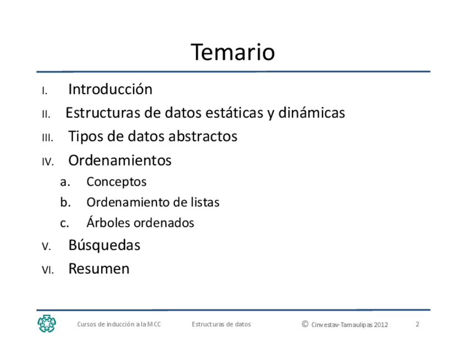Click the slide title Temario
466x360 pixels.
coord(232,52)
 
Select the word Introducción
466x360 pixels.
coord(110,89)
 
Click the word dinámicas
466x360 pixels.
coord(312,113)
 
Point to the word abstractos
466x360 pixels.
coord(203,136)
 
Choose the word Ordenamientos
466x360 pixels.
coord(120,160)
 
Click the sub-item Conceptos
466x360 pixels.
coord(116,182)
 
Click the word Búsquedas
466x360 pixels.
coord(104,245)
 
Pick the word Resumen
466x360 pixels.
coord(99,269)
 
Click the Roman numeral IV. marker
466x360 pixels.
coord(48,162)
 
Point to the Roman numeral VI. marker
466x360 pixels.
coord(48,270)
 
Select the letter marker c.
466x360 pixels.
coord(64,223)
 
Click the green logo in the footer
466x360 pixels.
coord(47,324)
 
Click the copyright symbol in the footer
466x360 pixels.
coord(305,324)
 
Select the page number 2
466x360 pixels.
coord(417,324)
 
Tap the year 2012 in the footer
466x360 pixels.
coord(381,325)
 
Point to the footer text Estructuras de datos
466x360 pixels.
coord(221,324)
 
